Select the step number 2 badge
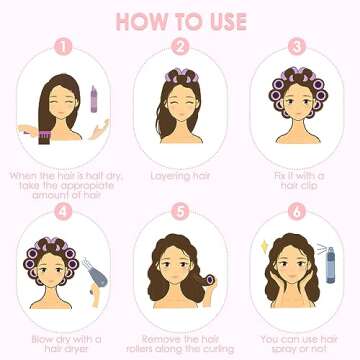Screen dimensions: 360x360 [x=181, y=46]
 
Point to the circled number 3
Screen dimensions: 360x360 [x=296, y=46]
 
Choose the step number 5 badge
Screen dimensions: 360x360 [x=181, y=211]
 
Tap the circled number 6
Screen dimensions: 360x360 [x=296, y=211]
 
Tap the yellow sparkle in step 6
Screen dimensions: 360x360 [x=262, y=244]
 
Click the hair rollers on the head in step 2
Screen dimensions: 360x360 [x=181, y=75]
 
